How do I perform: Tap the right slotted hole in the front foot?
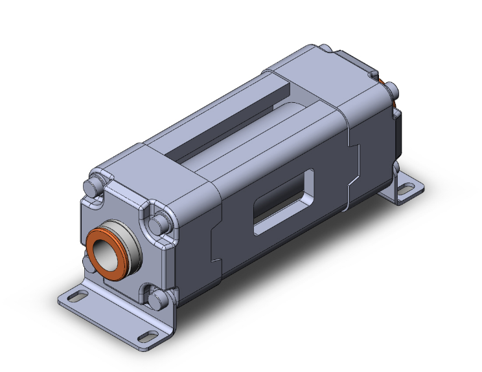pyautogui.click(x=147, y=336)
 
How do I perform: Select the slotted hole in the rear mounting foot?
pyautogui.click(x=407, y=190)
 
